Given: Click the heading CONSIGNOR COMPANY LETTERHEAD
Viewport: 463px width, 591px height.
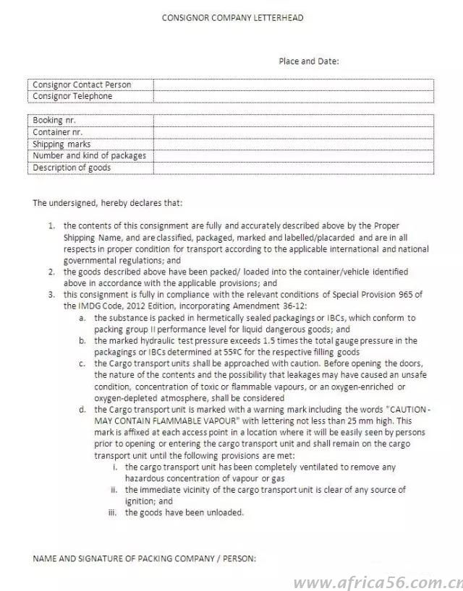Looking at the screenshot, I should [231, 17].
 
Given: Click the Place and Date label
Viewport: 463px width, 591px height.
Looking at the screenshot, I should [309, 61].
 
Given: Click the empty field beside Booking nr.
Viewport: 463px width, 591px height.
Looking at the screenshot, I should [293, 120].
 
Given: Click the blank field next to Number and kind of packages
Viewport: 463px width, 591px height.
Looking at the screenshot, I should [293, 155].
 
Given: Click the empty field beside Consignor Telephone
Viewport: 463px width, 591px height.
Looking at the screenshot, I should [293, 96].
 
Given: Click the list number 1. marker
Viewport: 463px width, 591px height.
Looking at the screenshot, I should [52, 225].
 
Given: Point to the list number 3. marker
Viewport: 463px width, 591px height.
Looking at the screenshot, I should [52, 295].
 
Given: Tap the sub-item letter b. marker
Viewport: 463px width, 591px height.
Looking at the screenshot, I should [82, 340].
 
